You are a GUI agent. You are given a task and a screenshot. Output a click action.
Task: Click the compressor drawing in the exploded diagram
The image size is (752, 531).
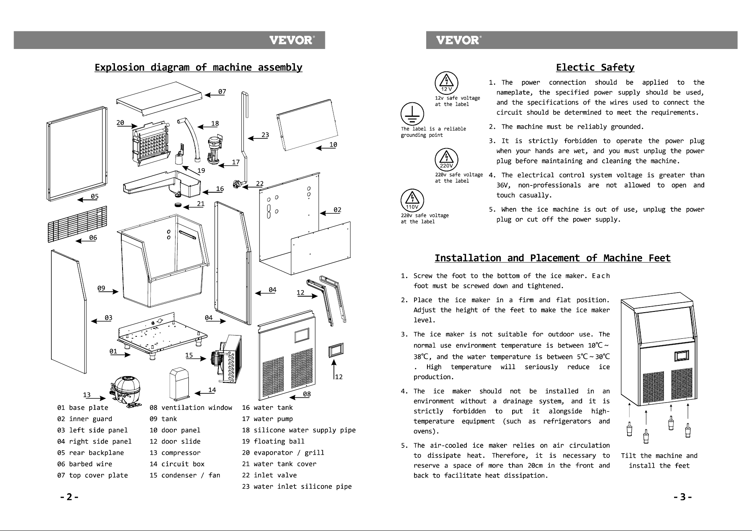(x=125, y=391)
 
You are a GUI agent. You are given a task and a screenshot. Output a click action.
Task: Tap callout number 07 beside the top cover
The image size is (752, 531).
(x=222, y=92)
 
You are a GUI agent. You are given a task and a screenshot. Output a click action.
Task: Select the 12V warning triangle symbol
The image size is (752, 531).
(x=446, y=83)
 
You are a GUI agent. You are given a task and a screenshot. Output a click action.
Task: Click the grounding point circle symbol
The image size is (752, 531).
(x=412, y=114)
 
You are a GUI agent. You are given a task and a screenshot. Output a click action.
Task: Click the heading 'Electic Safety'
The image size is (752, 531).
(x=595, y=67)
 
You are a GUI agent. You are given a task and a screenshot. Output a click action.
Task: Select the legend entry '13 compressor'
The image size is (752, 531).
(x=175, y=453)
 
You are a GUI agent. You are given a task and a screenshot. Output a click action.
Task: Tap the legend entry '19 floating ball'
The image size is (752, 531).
(x=273, y=441)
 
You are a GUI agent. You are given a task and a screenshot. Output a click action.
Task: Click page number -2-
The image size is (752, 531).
(x=69, y=497)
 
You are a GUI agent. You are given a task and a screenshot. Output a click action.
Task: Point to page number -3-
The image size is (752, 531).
(x=683, y=497)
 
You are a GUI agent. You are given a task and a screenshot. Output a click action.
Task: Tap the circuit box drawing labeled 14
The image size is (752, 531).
(x=180, y=385)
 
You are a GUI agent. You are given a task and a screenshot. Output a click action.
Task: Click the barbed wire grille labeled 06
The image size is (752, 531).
(x=77, y=224)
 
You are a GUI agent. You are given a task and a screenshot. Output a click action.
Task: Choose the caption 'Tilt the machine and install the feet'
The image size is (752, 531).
(x=659, y=461)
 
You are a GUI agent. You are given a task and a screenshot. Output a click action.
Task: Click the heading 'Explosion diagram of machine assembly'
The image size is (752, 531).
(x=198, y=67)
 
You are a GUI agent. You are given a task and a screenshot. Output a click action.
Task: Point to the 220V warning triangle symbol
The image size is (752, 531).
(x=446, y=159)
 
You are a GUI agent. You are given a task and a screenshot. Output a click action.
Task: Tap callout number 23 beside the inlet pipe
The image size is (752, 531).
(x=265, y=135)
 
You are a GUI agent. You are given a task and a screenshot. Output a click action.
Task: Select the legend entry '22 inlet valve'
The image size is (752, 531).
(x=269, y=475)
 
